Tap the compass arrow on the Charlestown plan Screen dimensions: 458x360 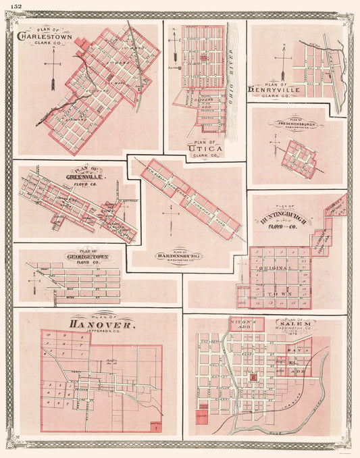52,73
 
